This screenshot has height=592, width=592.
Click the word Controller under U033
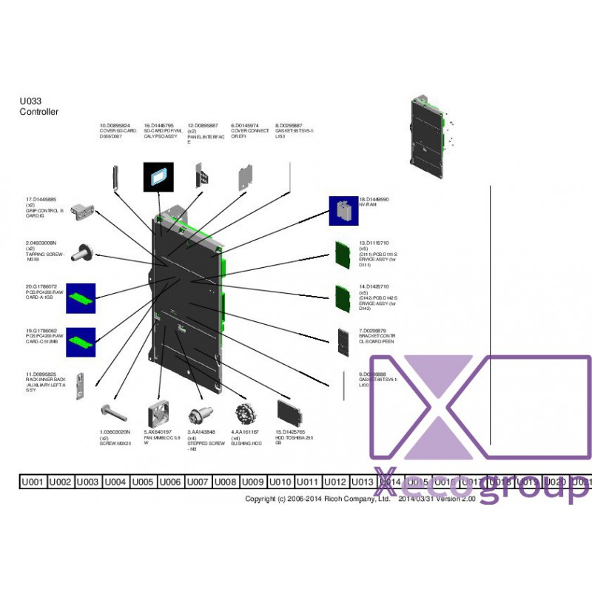38,112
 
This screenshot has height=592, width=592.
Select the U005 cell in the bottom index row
144,482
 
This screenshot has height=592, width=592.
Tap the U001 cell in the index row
33,482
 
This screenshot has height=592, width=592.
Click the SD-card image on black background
158,178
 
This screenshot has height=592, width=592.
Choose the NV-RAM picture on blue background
343,211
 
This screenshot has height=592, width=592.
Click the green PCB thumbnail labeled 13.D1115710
343,254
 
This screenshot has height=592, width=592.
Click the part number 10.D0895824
115,126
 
